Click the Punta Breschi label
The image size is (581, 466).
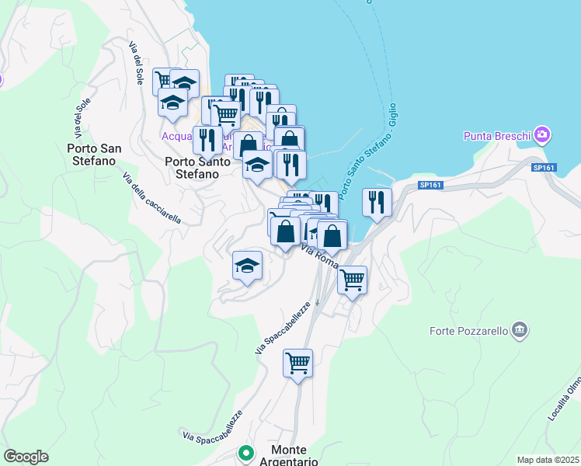click(x=497, y=137)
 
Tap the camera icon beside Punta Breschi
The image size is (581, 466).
click(x=542, y=135)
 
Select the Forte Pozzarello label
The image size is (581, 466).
click(x=468, y=332)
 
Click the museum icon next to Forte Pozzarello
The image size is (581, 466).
click(x=520, y=332)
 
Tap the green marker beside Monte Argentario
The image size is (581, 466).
click(x=246, y=452)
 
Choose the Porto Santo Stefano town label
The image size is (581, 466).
click(x=197, y=168)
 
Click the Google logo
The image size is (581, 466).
click(x=26, y=457)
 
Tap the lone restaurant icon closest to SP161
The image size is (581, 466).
click(x=377, y=202)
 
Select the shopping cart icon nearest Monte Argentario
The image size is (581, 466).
click(x=297, y=362)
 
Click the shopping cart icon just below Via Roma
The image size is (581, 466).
click(x=353, y=279)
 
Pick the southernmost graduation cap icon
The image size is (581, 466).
click(x=246, y=266)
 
